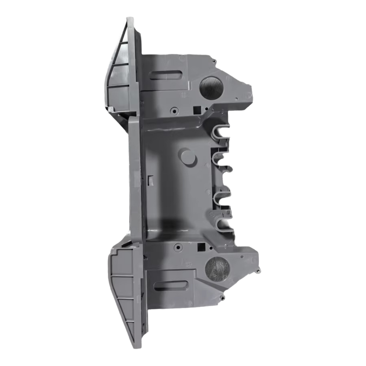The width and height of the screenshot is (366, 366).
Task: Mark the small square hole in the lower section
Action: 201,246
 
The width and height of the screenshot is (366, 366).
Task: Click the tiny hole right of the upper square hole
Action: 207,108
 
